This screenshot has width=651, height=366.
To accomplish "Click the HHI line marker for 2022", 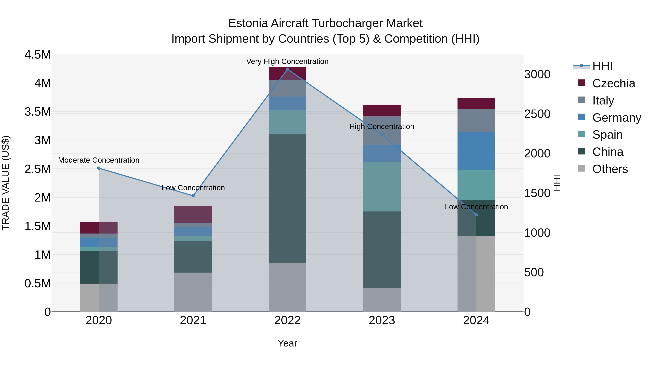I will coord(287,69).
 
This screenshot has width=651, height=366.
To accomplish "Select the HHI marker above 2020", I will coord(99,168).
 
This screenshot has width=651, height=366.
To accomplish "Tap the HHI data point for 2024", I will coord(476,215).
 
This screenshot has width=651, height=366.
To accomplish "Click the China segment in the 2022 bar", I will coord(287,198).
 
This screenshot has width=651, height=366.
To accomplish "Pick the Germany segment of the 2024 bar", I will coord(476,151).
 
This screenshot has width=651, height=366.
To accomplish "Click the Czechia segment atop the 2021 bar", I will coord(193,214).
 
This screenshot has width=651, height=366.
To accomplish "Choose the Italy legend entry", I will coord(603,100).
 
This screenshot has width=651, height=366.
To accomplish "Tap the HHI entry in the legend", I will coord(602,66).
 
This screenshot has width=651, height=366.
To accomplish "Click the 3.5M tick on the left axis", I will coord(37,112).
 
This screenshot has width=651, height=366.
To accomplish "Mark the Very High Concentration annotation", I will coord(287,62).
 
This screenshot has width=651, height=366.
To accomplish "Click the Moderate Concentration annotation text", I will coord(99,160).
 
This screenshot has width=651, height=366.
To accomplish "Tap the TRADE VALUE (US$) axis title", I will coord(6,183).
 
